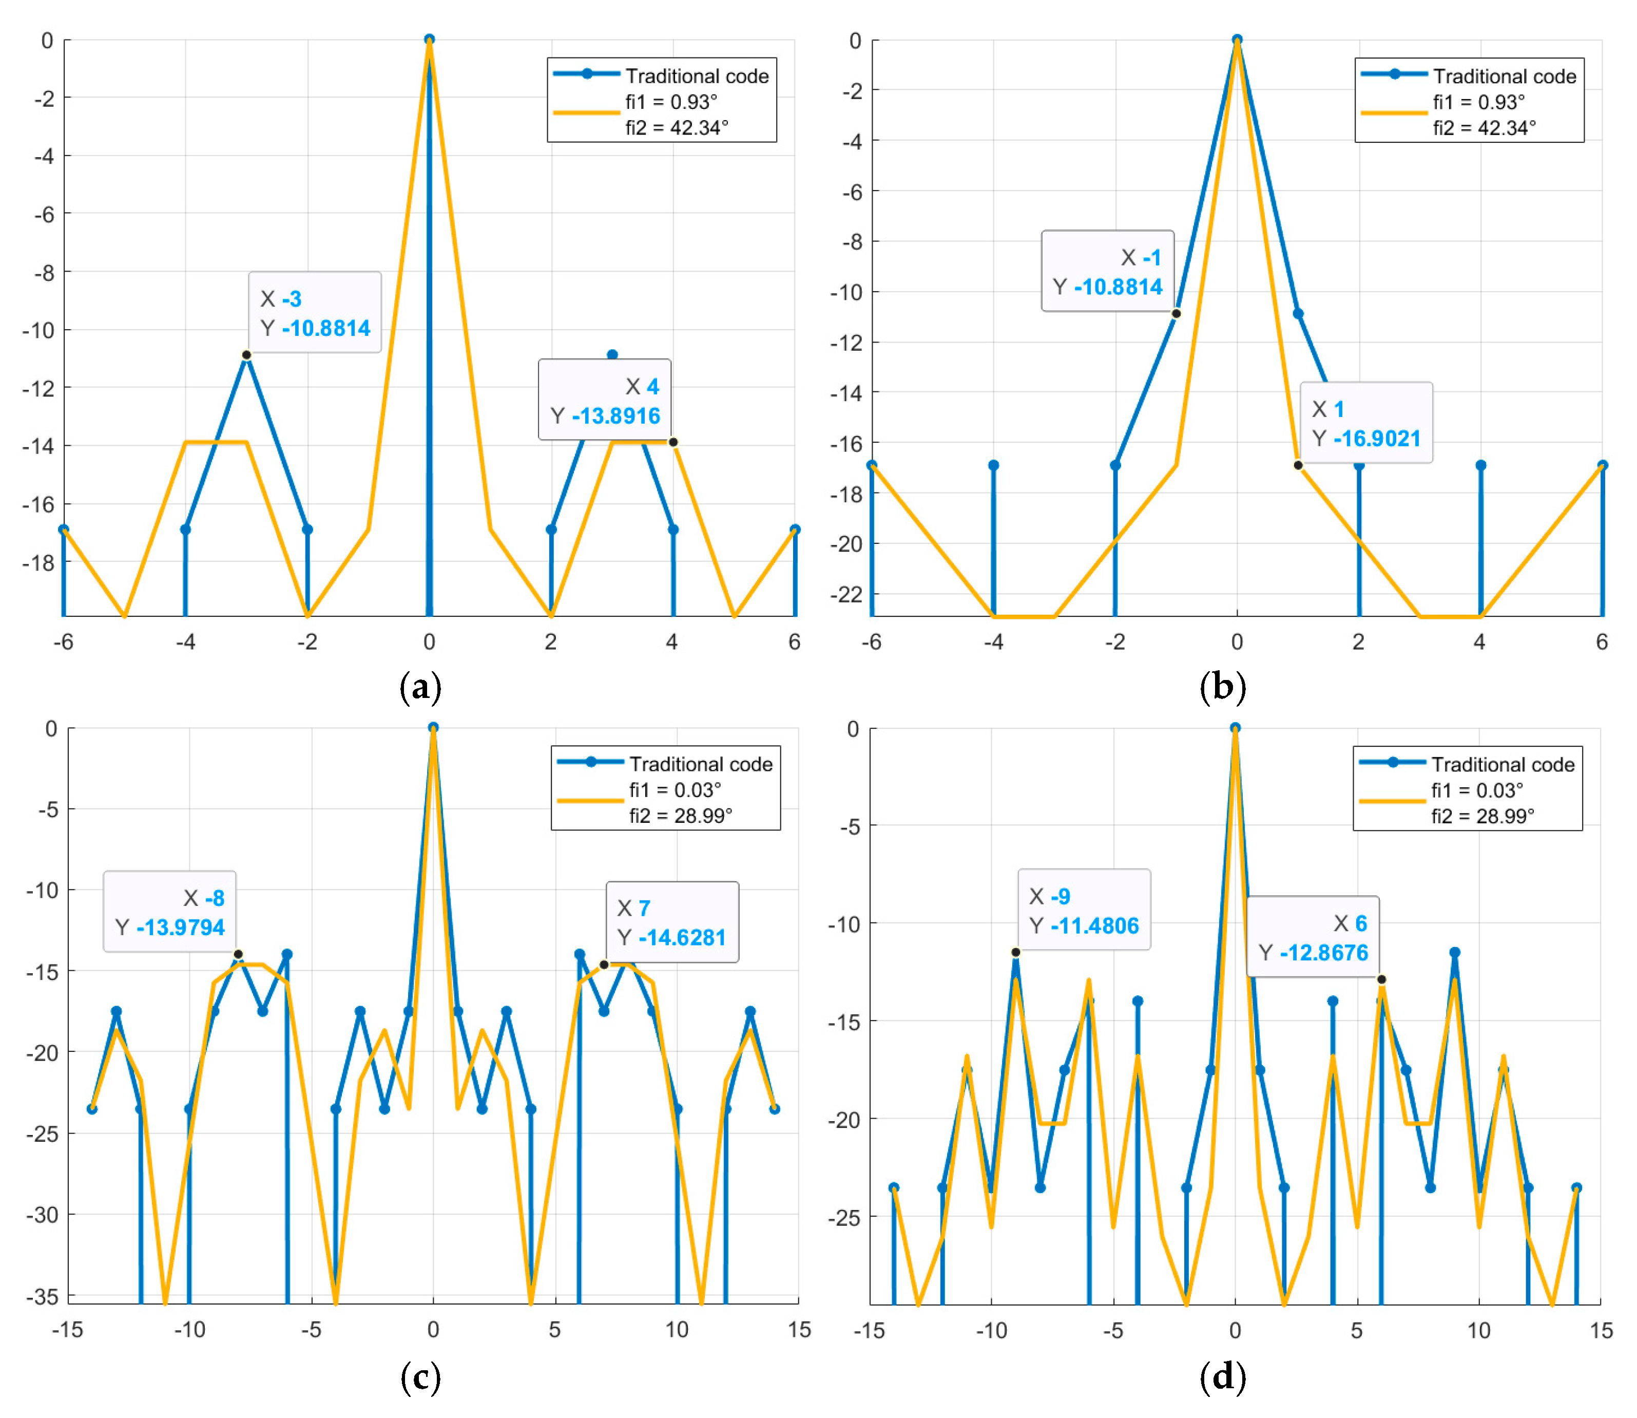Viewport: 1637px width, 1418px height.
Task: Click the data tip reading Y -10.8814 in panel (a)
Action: click(x=315, y=313)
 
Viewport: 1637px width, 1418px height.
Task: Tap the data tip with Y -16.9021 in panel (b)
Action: click(x=1366, y=423)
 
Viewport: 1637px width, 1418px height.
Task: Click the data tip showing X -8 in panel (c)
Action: click(x=170, y=912)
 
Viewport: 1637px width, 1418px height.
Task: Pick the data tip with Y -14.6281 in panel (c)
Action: click(x=672, y=922)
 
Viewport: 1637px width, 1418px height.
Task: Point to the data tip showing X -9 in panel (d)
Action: click(x=1084, y=911)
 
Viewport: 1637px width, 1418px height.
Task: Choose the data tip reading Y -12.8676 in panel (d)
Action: click(x=1313, y=938)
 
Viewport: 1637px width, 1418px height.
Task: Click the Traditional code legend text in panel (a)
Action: click(x=697, y=76)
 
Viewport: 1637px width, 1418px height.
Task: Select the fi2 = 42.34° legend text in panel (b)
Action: click(x=1485, y=127)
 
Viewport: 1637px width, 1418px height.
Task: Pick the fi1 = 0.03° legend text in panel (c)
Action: click(x=675, y=790)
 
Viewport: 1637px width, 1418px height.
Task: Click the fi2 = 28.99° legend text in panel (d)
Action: click(x=1482, y=816)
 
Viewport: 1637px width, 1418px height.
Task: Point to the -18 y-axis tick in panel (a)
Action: click(x=40, y=562)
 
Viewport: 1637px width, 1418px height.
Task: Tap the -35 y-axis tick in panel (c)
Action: click(x=41, y=1296)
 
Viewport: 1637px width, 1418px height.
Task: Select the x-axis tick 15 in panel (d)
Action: click(x=1601, y=1331)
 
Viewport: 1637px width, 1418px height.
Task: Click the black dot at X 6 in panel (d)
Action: click(x=1381, y=979)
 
